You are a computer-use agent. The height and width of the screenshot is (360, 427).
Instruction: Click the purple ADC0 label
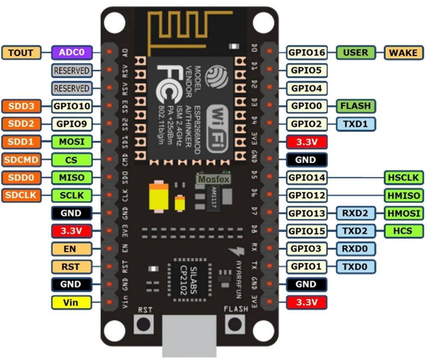72,53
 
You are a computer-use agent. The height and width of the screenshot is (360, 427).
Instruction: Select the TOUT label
21,53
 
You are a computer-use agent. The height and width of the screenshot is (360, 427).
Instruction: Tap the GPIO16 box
306,53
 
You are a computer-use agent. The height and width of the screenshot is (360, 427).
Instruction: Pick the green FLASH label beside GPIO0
356,106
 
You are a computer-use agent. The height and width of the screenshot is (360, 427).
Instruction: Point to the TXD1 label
356,124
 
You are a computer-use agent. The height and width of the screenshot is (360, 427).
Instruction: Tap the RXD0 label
356,249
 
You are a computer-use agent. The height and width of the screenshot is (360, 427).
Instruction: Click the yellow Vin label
71,302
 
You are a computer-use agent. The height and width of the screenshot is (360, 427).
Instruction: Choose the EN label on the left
71,249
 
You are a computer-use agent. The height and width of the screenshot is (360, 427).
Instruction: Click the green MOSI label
72,142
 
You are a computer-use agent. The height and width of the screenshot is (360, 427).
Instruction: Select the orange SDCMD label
21,160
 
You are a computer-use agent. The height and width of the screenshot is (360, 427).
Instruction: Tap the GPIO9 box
72,124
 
